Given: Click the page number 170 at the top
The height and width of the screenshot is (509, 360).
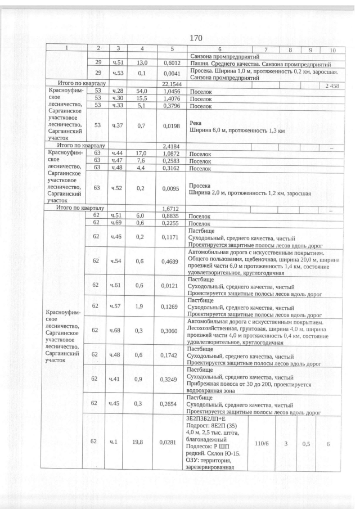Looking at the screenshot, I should point(195,38).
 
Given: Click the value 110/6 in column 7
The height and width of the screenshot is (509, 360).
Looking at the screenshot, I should point(262,443).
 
